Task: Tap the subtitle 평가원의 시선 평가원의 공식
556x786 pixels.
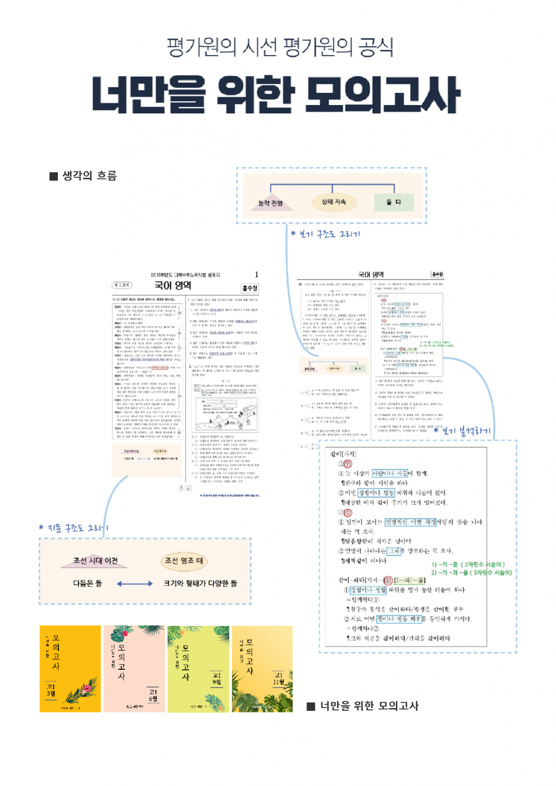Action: coord(280,47)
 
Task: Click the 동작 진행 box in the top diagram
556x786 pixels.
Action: coord(271,203)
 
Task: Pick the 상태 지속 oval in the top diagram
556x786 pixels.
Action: coord(334,202)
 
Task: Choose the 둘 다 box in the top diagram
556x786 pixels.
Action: coord(394,202)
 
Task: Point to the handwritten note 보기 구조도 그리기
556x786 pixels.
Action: coord(326,234)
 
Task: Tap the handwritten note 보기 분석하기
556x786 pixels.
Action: coord(462,431)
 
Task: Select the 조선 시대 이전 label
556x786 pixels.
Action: coord(96,561)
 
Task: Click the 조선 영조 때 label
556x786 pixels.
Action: coord(184,561)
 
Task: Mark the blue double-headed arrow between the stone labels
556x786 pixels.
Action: coord(135,584)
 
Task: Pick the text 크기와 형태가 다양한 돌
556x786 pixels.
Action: coord(200,584)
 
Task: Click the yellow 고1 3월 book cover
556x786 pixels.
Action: coord(70,669)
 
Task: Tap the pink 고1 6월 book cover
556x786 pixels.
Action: coord(135,669)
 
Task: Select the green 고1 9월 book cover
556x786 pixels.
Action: coord(198,669)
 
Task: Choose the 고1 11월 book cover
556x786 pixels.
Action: coord(262,669)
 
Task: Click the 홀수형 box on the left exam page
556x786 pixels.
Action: coord(250,288)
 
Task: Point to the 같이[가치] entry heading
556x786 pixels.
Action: coord(343,454)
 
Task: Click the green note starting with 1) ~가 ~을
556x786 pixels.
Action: coord(468,564)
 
